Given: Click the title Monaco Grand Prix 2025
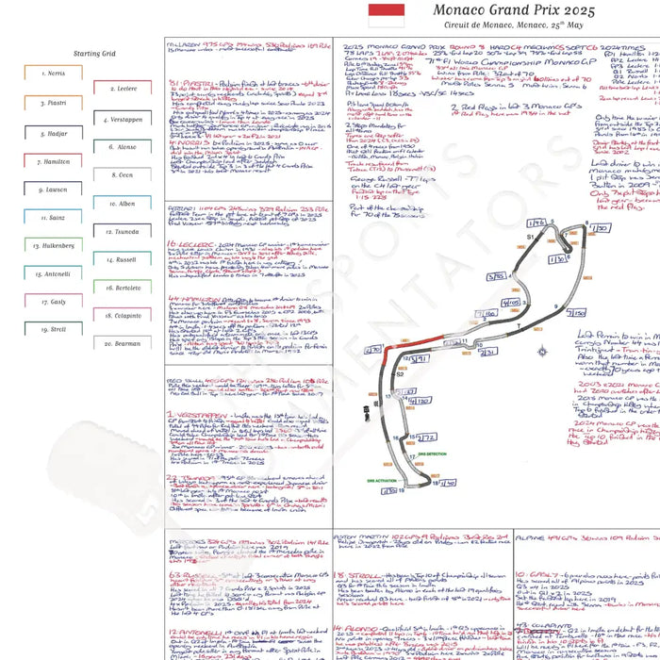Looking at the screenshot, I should click(515, 10).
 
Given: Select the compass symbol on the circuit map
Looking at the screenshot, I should click(542, 352).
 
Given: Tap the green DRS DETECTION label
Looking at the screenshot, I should click(431, 454).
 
